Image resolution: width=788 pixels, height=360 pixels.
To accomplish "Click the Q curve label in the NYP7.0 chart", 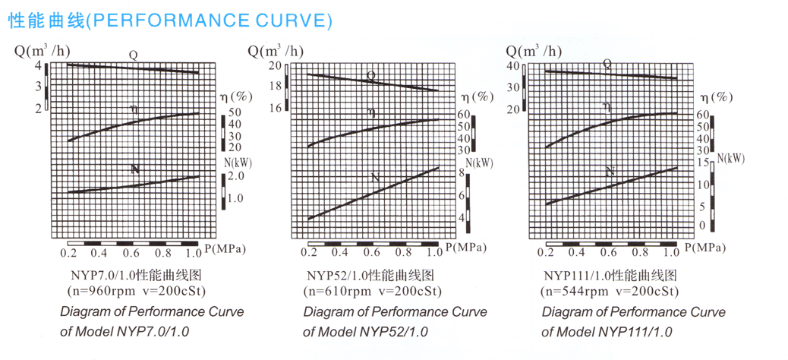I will (132, 55).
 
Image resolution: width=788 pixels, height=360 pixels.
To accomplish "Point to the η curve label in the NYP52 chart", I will (371, 112).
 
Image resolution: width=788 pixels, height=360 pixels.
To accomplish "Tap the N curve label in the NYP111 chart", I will (609, 172).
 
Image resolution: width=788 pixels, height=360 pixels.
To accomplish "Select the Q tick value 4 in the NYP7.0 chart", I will (39, 66).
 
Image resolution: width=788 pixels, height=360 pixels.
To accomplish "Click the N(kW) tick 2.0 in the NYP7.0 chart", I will (236, 175).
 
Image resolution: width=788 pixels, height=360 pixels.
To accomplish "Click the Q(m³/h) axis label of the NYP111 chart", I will (534, 51).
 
